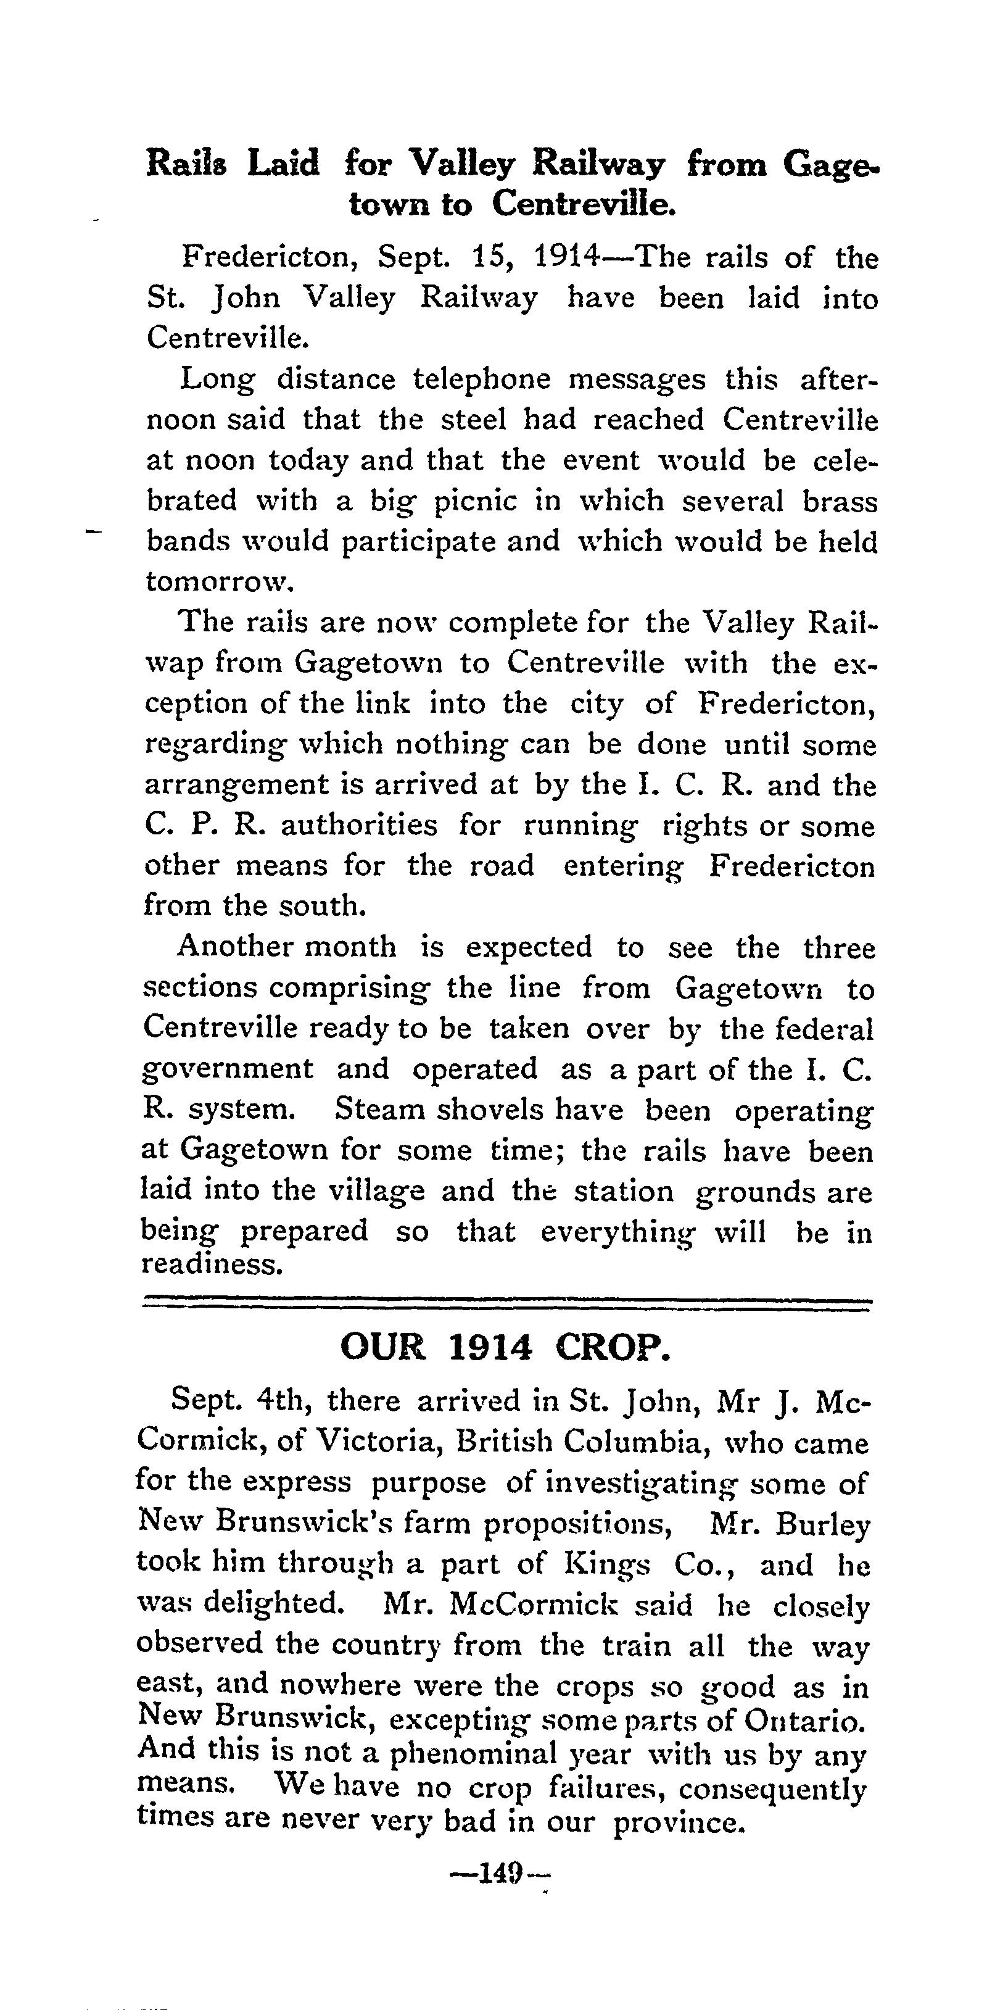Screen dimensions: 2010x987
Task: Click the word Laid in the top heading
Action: [283, 164]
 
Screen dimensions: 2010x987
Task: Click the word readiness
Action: [211, 1264]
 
